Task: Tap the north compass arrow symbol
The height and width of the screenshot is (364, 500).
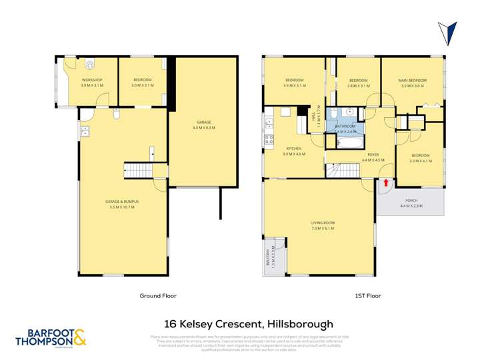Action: [449, 33]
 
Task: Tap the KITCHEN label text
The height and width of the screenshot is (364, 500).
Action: [293, 148]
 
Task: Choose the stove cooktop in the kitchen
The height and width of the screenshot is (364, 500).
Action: [269, 140]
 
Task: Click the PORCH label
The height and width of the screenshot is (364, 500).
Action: [411, 200]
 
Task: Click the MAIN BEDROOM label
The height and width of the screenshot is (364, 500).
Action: [413, 81]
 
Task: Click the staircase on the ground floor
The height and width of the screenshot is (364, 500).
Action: [137, 170]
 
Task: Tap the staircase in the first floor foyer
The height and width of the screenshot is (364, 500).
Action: [345, 171]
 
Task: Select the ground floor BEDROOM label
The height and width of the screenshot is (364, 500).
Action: [141, 81]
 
